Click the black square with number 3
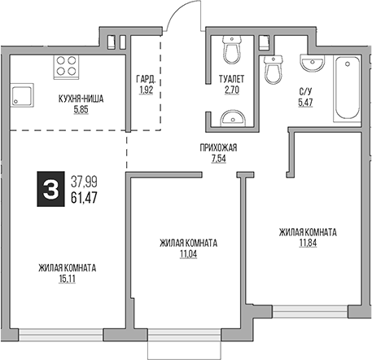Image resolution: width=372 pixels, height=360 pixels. pyautogui.click(x=50, y=189)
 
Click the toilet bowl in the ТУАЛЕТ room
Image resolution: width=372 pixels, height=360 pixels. pyautogui.click(x=232, y=51)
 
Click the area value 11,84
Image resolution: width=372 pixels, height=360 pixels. pyautogui.click(x=307, y=242)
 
